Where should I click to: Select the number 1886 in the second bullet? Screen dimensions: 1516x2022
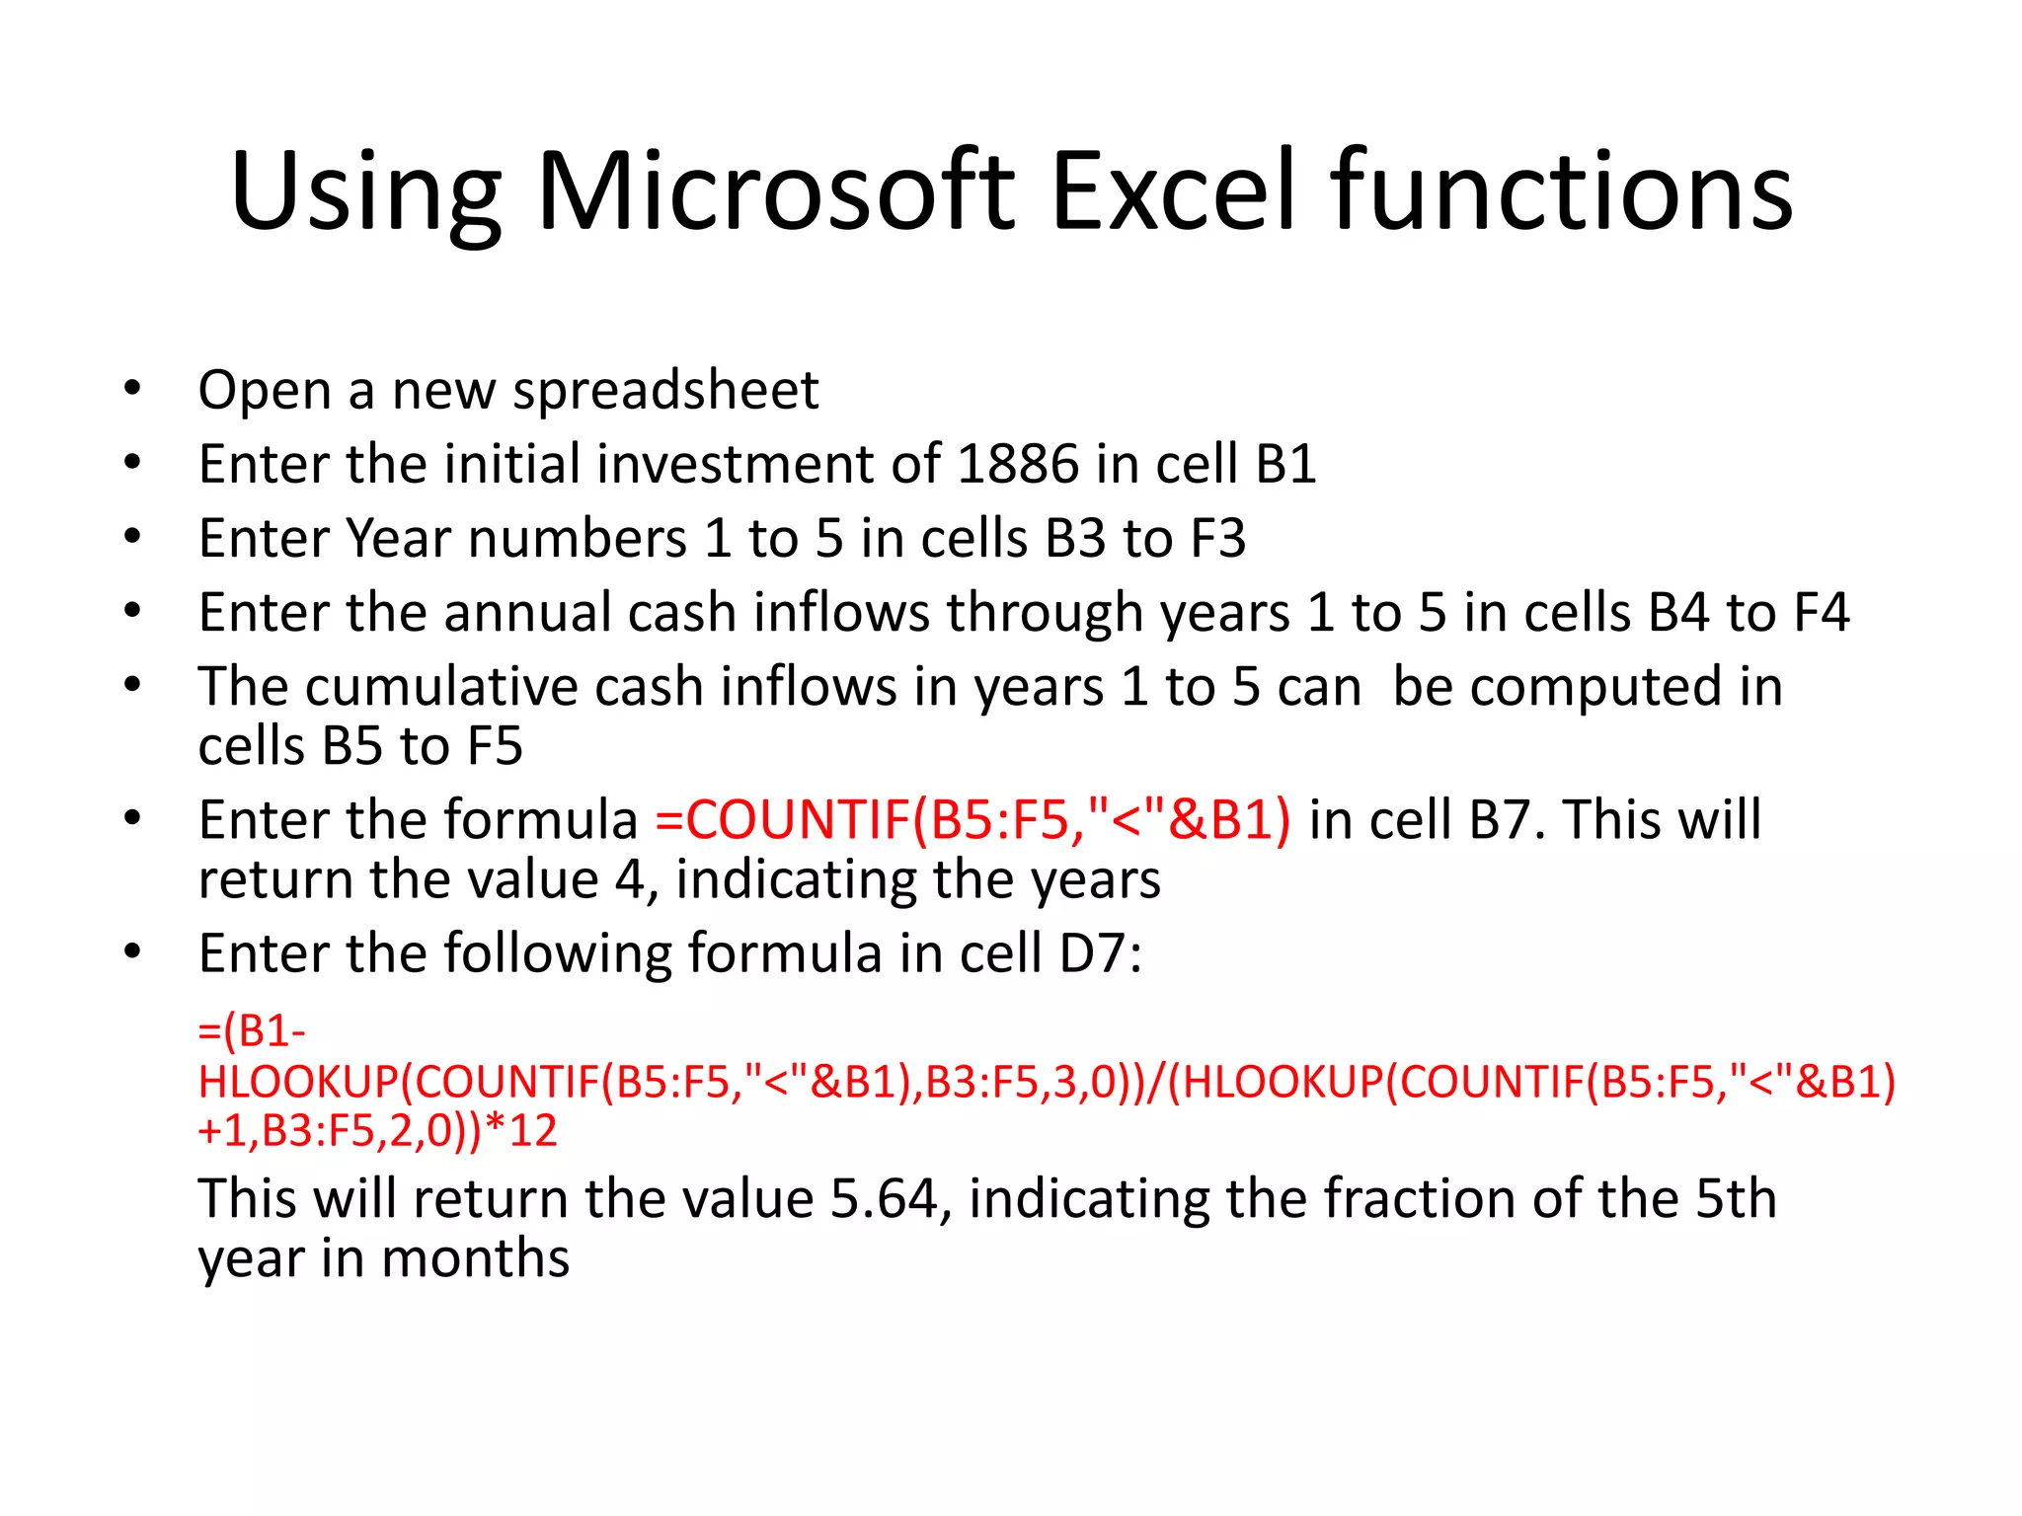click(1018, 464)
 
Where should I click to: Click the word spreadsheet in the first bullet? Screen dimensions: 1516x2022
click(665, 391)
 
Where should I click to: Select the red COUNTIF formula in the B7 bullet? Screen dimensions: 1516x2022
click(972, 820)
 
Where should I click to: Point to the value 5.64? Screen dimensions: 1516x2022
click(883, 1199)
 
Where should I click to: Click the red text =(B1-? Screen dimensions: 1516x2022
click(252, 1031)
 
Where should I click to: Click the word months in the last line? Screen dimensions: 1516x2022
click(474, 1259)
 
